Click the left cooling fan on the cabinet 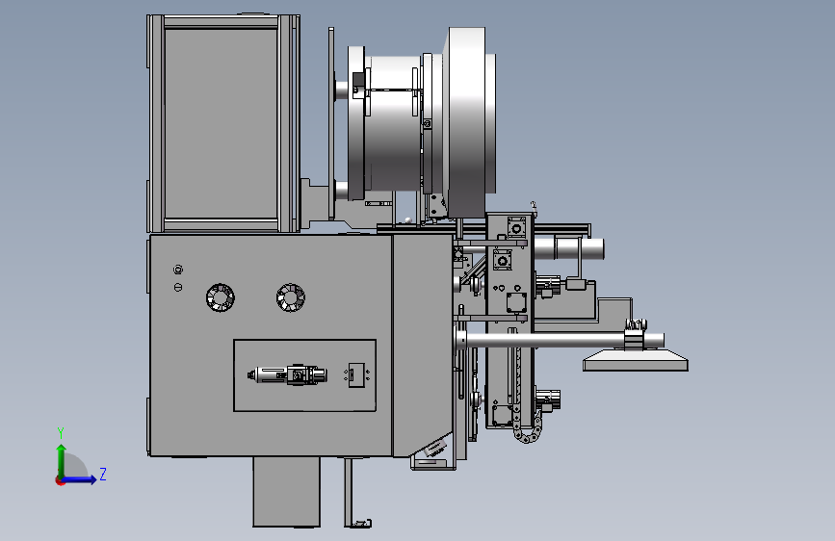pyautogui.click(x=220, y=297)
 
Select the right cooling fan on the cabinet pyautogui.click(x=290, y=297)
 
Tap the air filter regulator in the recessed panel pyautogui.click(x=287, y=374)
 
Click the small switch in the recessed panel pyautogui.click(x=355, y=374)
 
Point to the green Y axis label pyautogui.click(x=61, y=433)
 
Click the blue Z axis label pyautogui.click(x=103, y=474)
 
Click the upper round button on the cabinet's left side pyautogui.click(x=178, y=270)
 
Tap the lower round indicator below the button pyautogui.click(x=178, y=287)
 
